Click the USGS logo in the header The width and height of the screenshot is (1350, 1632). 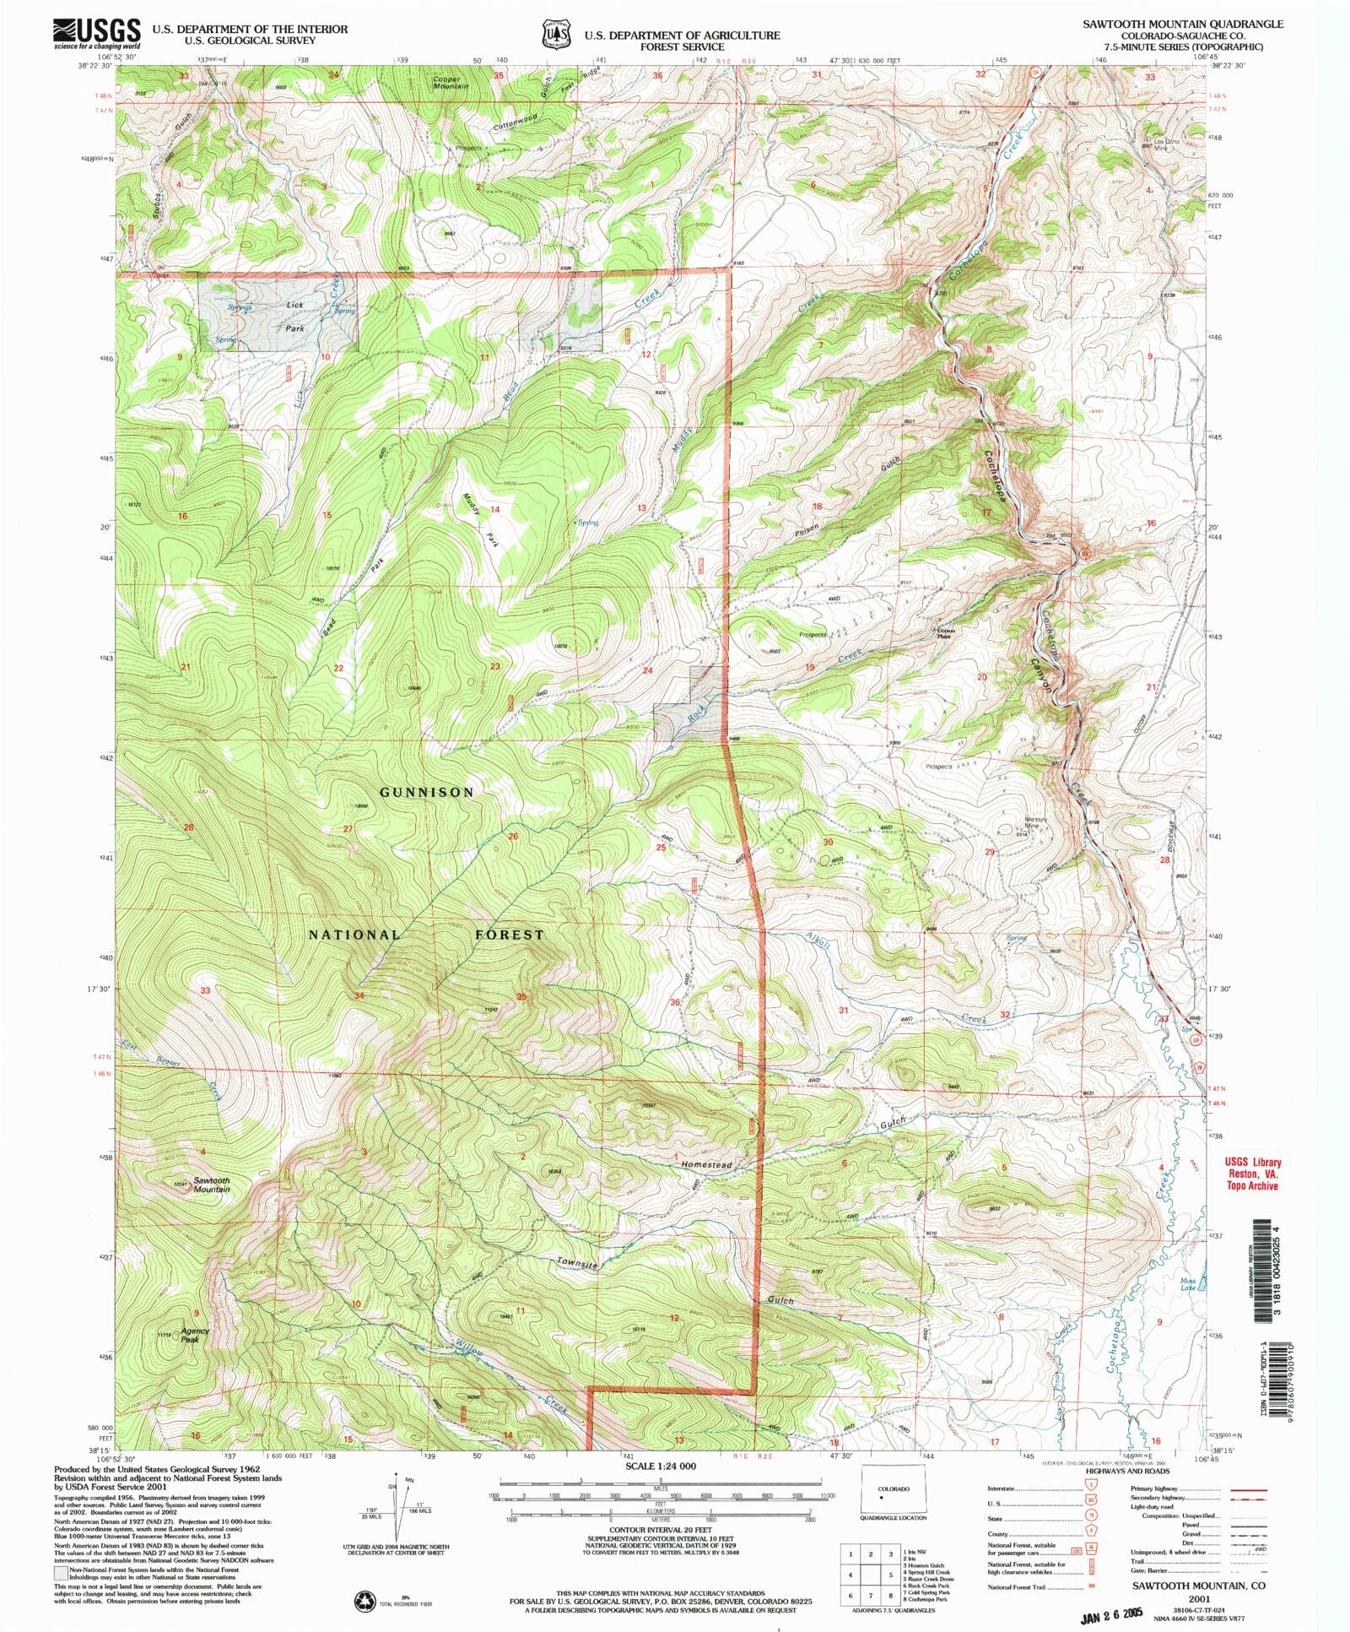click(x=96, y=33)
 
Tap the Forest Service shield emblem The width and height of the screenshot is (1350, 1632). click(x=554, y=33)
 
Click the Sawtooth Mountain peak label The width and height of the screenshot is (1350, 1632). click(x=211, y=1185)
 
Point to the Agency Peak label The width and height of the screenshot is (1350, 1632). click(x=194, y=1335)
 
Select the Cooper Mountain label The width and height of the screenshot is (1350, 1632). click(x=451, y=82)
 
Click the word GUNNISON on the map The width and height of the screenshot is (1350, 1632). click(x=426, y=792)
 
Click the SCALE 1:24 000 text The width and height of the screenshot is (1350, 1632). click(x=661, y=1466)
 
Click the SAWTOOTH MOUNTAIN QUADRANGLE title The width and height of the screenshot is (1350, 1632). click(x=1183, y=24)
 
